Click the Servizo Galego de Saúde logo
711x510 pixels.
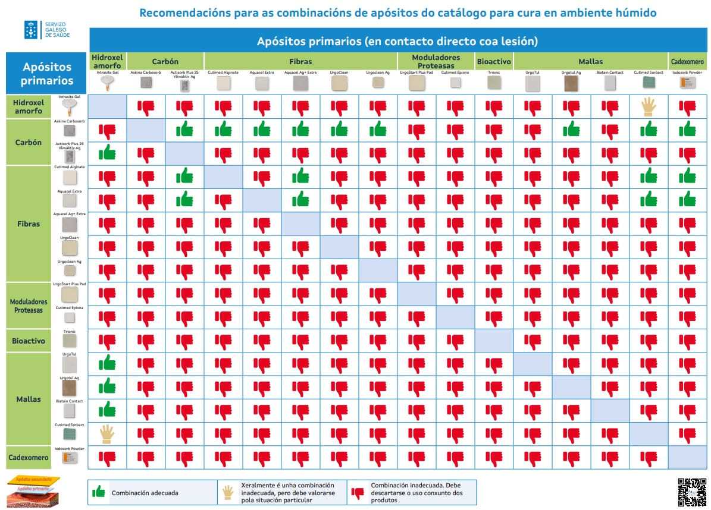(x=47, y=30)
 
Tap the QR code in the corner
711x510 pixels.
(x=691, y=492)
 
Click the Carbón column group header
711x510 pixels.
(x=165, y=61)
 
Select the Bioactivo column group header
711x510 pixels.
(x=494, y=61)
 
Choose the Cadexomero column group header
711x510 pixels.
(x=687, y=61)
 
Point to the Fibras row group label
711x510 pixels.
(x=29, y=224)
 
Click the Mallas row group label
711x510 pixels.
(x=29, y=399)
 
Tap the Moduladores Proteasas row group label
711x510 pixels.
(x=29, y=306)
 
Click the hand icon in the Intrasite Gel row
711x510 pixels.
(x=649, y=107)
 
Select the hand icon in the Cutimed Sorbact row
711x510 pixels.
(x=107, y=434)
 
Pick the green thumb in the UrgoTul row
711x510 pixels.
(x=107, y=363)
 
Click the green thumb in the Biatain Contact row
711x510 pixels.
(x=107, y=410)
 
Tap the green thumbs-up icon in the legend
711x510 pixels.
(x=99, y=492)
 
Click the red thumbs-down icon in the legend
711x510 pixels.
(x=358, y=492)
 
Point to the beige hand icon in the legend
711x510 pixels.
(x=228, y=492)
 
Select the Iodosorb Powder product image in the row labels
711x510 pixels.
(x=70, y=458)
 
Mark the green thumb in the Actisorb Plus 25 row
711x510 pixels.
(x=107, y=153)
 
